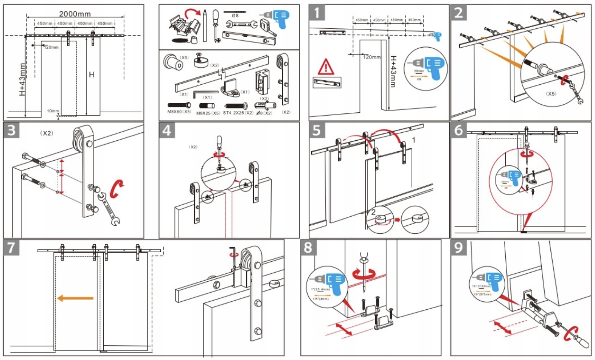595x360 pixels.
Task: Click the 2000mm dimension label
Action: pos(75,14)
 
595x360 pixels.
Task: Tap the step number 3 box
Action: pos(12,130)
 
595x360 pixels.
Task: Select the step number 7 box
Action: pos(12,247)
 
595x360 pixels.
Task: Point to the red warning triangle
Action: pos(325,67)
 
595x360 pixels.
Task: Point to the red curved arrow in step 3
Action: pos(117,188)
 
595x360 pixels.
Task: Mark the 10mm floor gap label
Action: pos(53,111)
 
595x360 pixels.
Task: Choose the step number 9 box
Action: pos(459,247)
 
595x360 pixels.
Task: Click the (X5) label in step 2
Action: pos(551,93)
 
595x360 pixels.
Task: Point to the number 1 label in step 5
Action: pos(413,140)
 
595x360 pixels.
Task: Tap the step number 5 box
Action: pos(317,130)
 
